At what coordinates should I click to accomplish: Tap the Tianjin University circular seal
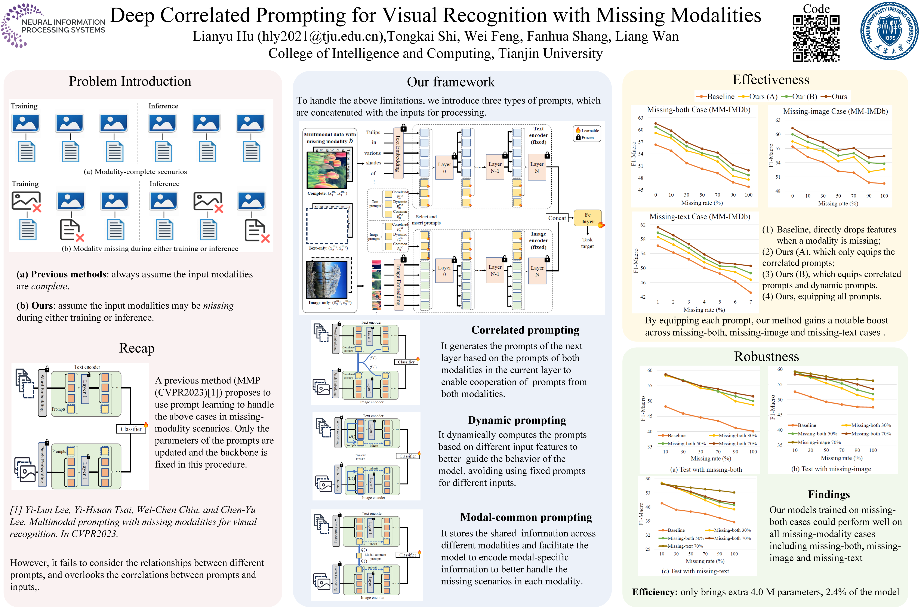pos(889,31)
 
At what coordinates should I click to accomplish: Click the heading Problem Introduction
pos(130,81)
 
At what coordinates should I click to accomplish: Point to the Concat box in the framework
pos(557,218)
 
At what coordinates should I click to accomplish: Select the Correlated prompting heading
pos(525,330)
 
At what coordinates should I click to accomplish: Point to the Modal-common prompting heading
pos(526,517)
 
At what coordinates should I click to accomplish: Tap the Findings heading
pos(829,495)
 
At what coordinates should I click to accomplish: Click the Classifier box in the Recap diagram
pos(131,429)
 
